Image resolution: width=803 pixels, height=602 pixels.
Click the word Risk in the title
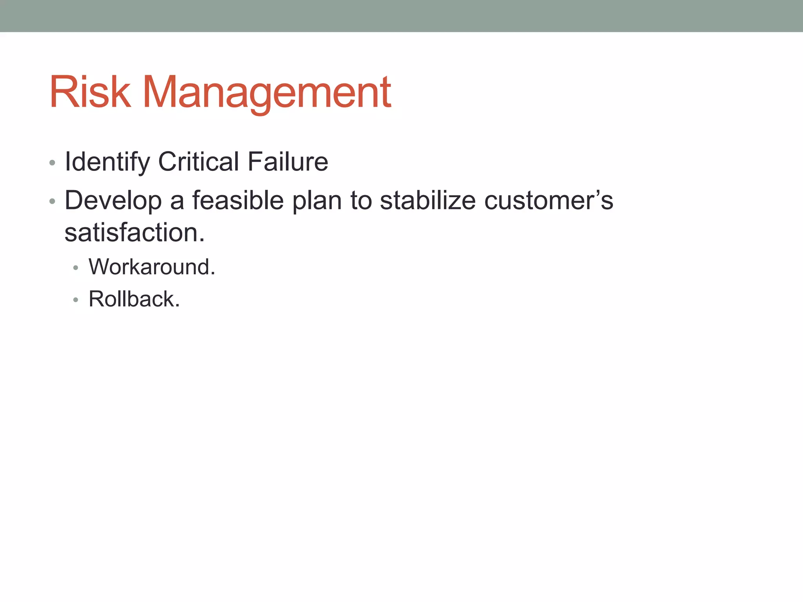[x=90, y=92]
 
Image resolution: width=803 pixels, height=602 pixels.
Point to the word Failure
[x=288, y=161]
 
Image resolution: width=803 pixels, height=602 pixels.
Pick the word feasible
[x=238, y=200]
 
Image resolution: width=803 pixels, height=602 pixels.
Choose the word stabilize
[x=428, y=200]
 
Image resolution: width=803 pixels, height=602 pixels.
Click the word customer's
[x=549, y=200]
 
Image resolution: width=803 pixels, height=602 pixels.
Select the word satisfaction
[x=131, y=233]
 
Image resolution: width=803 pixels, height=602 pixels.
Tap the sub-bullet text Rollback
[x=134, y=299]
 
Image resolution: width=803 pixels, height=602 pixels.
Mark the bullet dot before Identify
[x=52, y=163]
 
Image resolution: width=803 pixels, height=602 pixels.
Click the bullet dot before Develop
[x=52, y=201]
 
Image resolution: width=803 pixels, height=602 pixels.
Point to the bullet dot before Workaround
[x=76, y=268]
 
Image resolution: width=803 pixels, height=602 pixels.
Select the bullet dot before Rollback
[x=76, y=300]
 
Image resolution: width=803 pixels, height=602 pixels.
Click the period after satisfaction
[x=202, y=240]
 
